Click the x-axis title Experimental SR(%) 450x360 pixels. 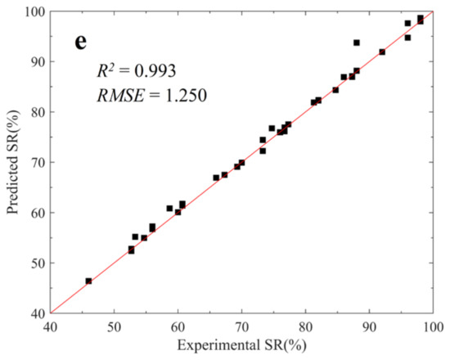click(x=242, y=348)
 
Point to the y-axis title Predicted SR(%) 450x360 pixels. click(x=13, y=162)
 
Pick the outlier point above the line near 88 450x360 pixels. click(x=357, y=43)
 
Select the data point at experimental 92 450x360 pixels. click(x=382, y=52)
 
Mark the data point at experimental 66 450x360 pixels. click(x=216, y=178)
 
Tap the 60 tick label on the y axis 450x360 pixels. click(x=36, y=213)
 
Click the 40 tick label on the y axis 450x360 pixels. click(x=36, y=313)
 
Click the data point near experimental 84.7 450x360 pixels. click(x=335, y=90)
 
